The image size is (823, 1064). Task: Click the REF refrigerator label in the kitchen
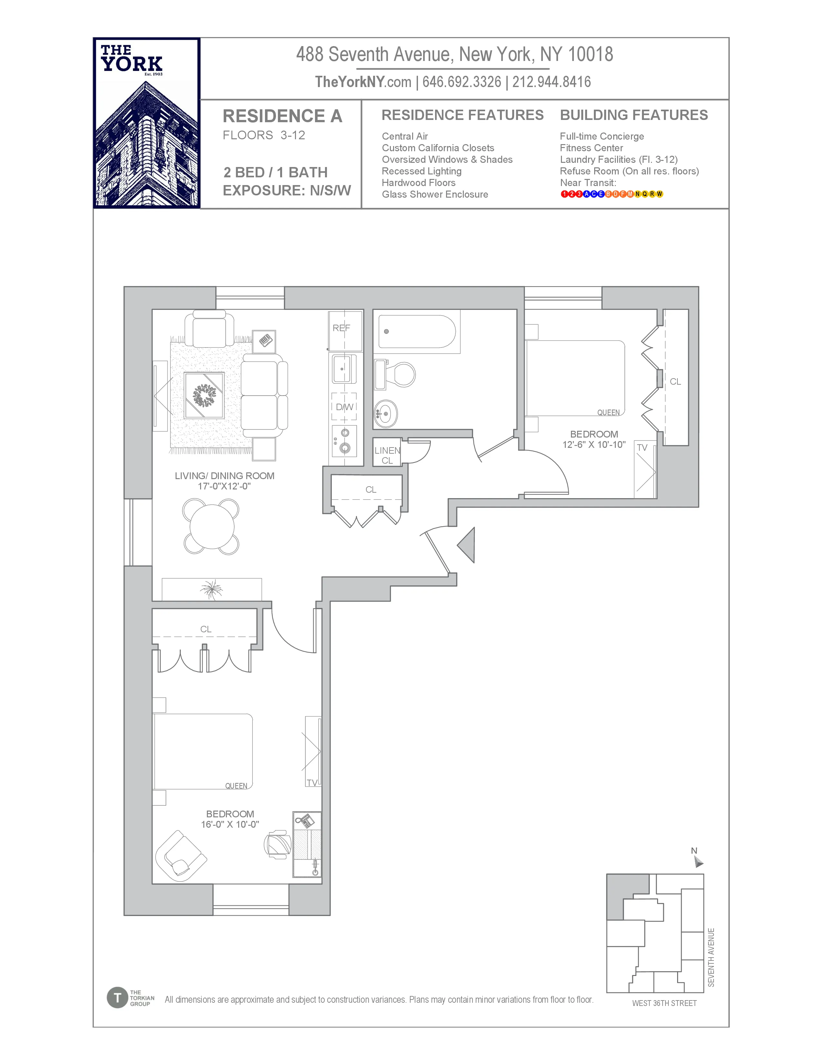[341, 328]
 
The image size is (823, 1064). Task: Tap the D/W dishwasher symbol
[344, 407]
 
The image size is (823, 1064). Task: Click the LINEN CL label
[387, 455]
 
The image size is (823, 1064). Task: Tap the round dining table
[212, 527]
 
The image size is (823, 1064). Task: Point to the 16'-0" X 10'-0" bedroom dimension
[230, 824]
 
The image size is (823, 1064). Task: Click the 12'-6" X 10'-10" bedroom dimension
[594, 444]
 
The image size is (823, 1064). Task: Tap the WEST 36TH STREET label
[664, 1003]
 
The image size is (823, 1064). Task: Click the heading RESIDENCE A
[282, 116]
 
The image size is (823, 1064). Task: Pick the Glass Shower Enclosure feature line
[435, 194]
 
